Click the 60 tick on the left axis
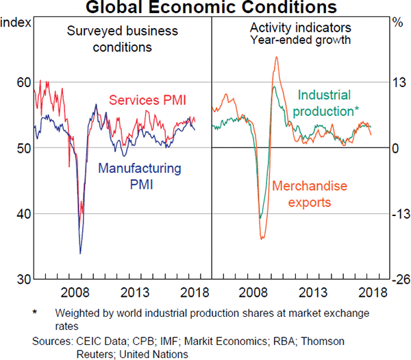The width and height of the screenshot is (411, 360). [23, 82]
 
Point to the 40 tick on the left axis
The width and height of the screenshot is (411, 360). [23, 214]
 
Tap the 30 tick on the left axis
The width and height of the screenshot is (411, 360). [23, 280]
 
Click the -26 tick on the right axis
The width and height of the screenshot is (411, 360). [399, 280]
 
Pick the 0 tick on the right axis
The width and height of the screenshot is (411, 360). [396, 148]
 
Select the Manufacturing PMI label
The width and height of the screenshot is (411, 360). [140, 176]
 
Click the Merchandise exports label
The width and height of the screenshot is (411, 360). [310, 194]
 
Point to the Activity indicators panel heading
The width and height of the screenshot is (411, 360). [300, 29]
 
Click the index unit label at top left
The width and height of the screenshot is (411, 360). [14, 22]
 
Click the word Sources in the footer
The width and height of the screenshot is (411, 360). [52, 341]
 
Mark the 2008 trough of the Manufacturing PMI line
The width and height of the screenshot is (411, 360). [80, 253]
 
